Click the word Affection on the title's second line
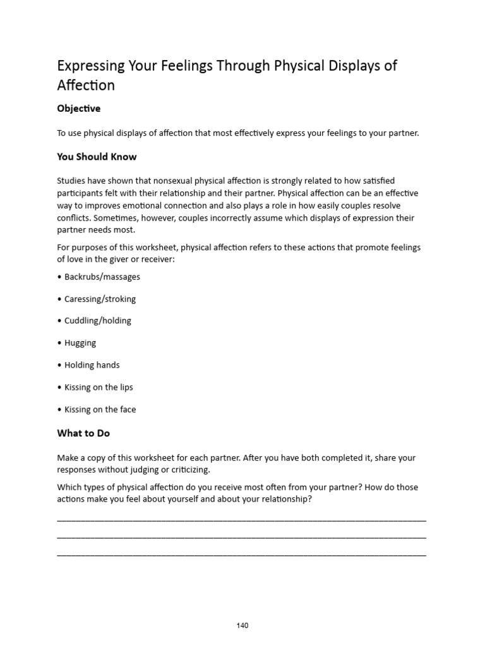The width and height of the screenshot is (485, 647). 86,86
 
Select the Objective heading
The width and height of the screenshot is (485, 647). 78,109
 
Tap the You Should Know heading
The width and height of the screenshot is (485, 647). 97,157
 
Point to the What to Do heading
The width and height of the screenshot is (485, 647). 83,433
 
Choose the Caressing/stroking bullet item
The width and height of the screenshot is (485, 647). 100,299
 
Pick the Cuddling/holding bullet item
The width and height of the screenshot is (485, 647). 97,321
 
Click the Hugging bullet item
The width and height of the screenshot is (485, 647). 80,343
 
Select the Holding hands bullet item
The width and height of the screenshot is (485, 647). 92,365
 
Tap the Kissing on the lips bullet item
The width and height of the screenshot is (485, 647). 99,387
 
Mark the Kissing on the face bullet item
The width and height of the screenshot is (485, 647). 100,409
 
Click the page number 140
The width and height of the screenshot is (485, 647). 242,626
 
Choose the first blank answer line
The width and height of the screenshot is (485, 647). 241,520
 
